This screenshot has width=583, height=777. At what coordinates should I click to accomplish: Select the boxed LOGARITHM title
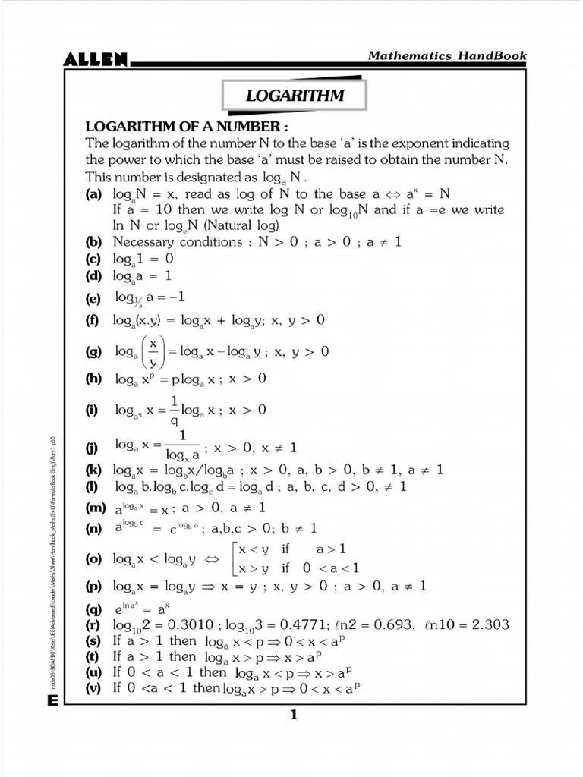tap(295, 96)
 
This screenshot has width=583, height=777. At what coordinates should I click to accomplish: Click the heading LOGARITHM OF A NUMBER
tap(187, 126)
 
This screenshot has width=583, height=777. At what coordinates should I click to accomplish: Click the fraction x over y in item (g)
tap(153, 351)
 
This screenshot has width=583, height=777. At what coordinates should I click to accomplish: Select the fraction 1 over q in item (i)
tap(174, 410)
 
